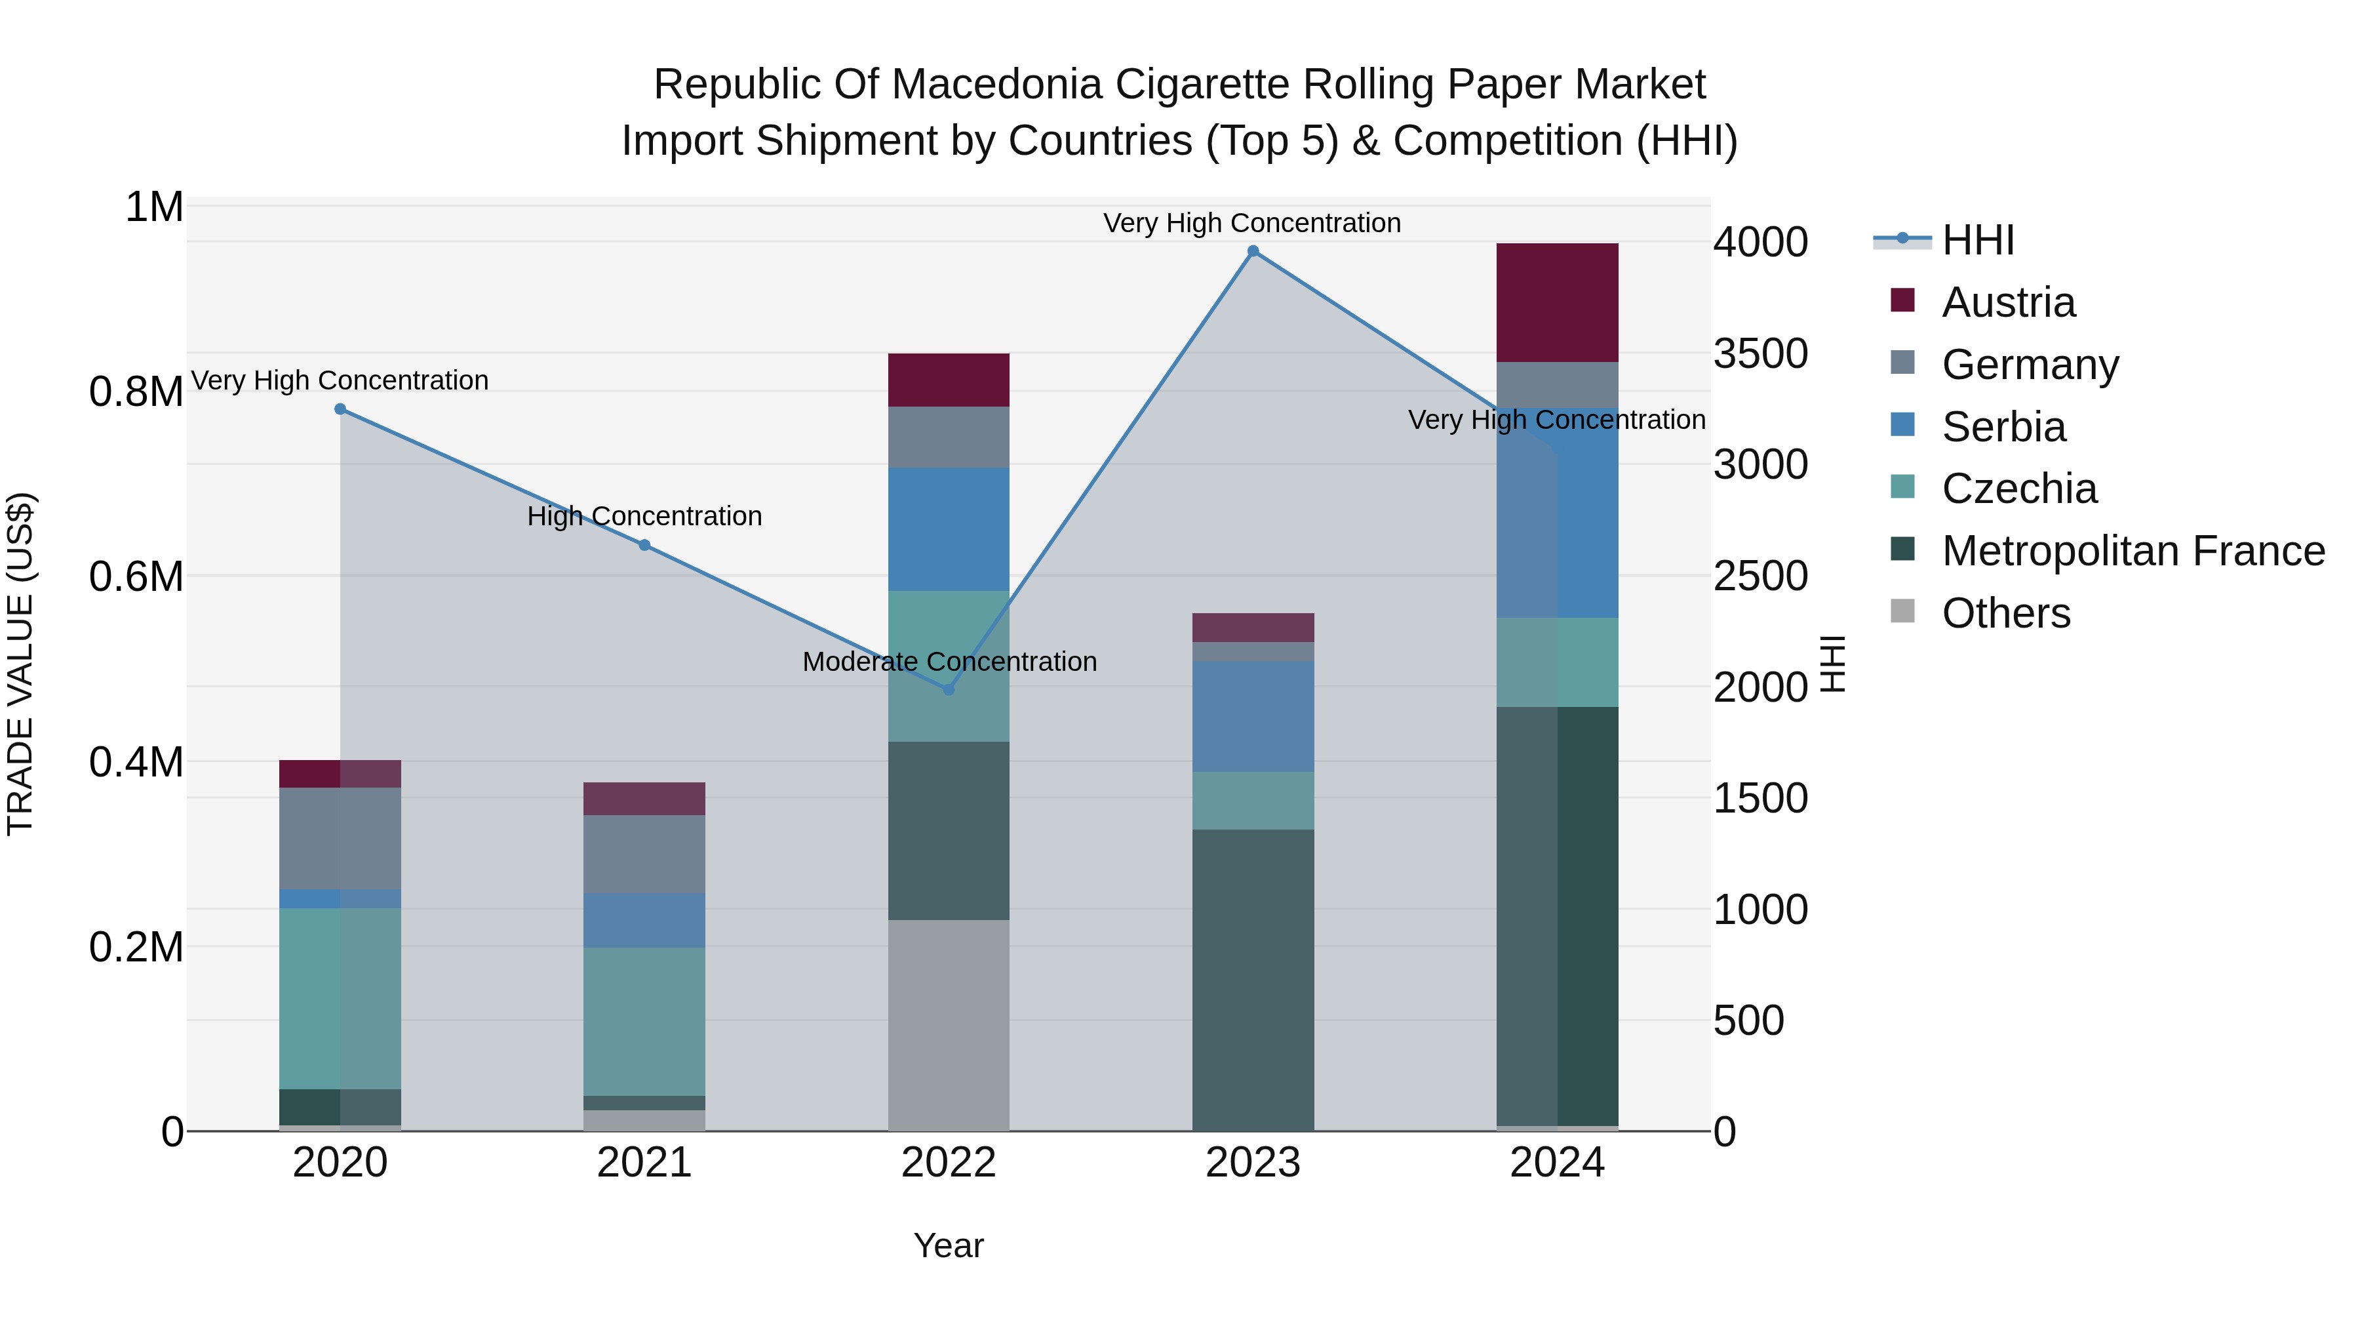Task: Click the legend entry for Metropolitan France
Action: [2133, 551]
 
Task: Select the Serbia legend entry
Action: [2003, 427]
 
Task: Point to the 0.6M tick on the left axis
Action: [136, 576]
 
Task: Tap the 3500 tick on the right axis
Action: [1760, 353]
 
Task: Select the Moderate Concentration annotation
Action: [949, 662]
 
